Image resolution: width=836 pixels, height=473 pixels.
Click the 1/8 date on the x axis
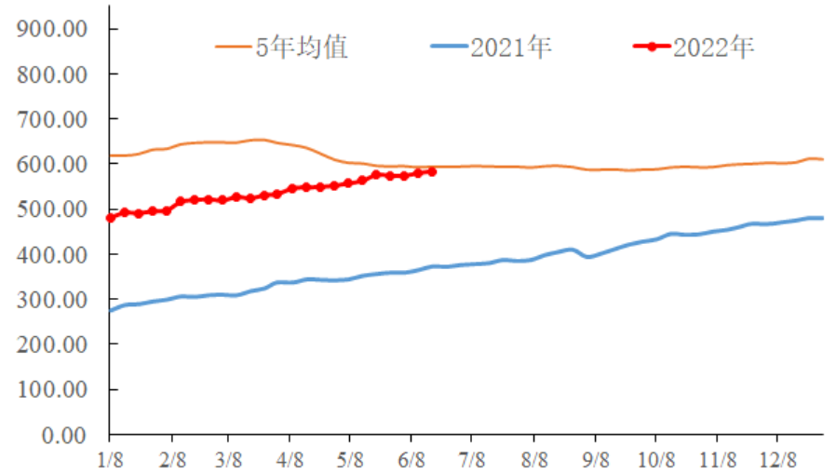[x=109, y=459]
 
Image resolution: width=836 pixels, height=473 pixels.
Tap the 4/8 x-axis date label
[x=290, y=459]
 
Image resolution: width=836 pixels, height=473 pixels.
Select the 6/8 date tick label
[x=411, y=459]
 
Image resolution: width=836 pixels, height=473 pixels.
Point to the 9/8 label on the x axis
[x=595, y=459]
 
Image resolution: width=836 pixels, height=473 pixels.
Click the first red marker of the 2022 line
[x=110, y=218]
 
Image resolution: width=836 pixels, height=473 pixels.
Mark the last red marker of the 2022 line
[x=431, y=171]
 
